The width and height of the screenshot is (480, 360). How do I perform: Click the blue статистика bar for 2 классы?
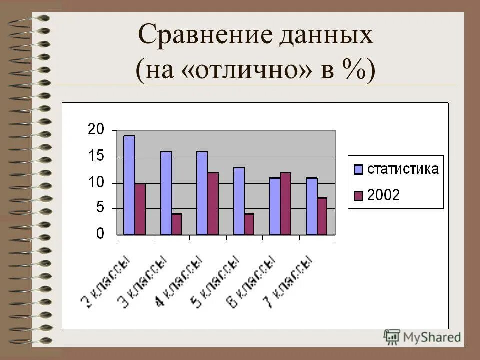coord(129,185)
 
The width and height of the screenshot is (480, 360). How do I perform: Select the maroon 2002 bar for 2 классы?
coord(140,209)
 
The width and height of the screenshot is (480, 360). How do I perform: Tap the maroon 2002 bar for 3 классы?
coord(176,224)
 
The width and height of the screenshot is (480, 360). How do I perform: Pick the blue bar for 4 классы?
coord(202,193)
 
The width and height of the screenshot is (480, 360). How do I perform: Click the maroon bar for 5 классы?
coord(249,224)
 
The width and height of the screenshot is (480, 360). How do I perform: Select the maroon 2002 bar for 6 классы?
coord(285,203)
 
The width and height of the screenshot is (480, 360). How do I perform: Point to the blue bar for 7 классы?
coord(311,206)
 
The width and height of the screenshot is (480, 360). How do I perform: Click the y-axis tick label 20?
coord(96,130)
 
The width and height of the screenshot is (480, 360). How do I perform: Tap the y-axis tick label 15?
coord(96,156)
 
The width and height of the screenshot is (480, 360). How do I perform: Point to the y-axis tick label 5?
coord(99,208)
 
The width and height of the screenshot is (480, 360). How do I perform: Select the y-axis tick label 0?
coord(100,234)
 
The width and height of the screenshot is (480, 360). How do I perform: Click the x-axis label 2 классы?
coord(106,281)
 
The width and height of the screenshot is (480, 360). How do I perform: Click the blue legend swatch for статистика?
coord(358,169)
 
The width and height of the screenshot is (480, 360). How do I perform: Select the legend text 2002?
coord(383,196)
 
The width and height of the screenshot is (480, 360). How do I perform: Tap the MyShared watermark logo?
coord(422,336)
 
